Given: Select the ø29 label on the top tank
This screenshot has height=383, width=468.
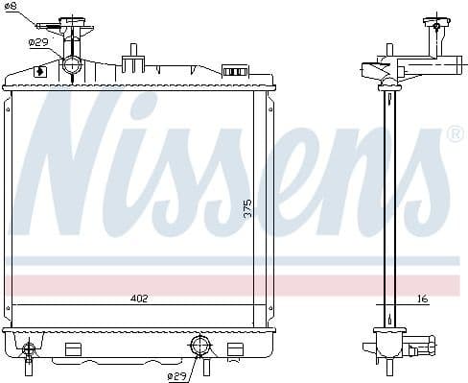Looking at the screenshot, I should [38, 42].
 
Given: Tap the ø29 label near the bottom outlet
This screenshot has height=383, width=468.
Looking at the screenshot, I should [176, 374].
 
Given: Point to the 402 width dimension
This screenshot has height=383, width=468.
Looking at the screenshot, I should [139, 299].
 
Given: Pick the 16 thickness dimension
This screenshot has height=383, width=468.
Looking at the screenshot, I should [423, 299].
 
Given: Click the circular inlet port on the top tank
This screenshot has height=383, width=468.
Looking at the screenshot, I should [73, 65].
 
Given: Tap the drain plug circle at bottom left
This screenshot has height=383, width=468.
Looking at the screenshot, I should [30, 348].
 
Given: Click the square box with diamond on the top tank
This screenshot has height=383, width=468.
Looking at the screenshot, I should [40, 71].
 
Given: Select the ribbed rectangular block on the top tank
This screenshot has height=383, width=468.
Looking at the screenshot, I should [233, 71].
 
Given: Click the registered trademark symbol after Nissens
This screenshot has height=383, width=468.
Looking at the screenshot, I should [455, 135].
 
